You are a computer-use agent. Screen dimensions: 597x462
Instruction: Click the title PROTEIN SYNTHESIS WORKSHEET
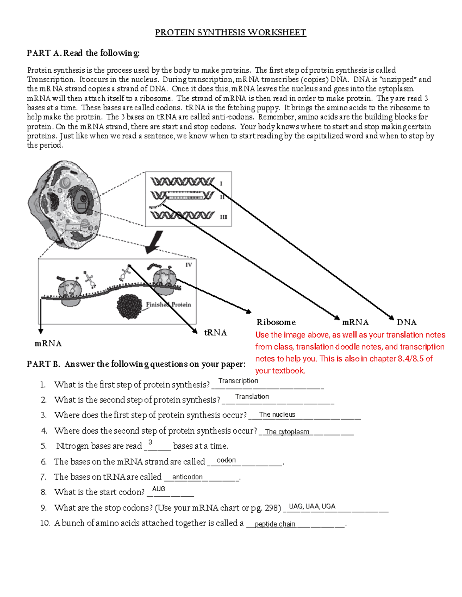click(230, 33)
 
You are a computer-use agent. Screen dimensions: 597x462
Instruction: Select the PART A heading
click(83, 53)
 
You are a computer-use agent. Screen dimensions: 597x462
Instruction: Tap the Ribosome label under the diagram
click(276, 322)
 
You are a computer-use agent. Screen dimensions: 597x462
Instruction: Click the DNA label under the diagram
click(407, 322)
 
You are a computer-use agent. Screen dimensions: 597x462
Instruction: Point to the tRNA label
click(215, 333)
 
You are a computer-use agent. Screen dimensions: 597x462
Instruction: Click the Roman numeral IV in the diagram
click(189, 265)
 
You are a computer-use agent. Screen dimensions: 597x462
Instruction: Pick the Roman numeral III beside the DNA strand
click(223, 217)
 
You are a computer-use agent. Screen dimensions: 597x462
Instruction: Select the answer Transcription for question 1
click(238, 381)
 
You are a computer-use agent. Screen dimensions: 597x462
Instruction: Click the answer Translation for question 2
click(252, 397)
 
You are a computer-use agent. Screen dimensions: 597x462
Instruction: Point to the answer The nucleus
click(277, 415)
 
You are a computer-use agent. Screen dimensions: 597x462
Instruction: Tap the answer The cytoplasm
click(287, 432)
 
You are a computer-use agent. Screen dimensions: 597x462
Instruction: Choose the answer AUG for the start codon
click(159, 489)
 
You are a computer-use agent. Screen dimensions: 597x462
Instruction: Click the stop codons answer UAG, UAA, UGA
click(312, 506)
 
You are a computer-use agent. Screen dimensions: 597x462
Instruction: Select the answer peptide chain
click(275, 524)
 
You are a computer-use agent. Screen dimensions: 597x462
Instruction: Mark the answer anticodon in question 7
click(187, 477)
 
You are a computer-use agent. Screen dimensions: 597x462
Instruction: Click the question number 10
click(45, 523)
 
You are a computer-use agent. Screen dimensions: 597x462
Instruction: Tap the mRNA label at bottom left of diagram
click(48, 343)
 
